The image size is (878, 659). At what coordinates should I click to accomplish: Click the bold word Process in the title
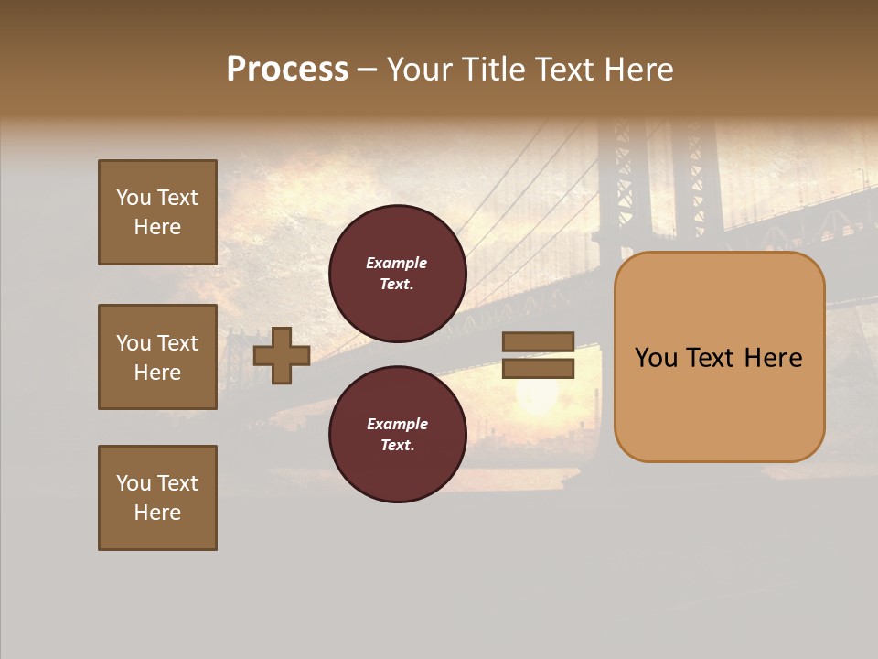tap(287, 70)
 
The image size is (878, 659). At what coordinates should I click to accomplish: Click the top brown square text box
tap(157, 212)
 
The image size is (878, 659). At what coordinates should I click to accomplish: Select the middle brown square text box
tap(157, 357)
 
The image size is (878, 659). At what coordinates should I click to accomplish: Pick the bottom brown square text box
tap(157, 498)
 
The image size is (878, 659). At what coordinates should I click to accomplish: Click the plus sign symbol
tap(282, 355)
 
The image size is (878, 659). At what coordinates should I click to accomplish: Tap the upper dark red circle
tap(397, 274)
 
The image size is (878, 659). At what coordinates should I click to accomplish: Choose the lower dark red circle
tap(397, 435)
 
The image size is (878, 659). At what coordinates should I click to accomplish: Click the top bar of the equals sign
tap(538, 342)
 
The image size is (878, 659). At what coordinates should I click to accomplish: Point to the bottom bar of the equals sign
tap(538, 369)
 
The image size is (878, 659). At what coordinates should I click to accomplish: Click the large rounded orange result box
tap(719, 357)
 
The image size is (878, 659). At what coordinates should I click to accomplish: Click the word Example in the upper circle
tap(396, 264)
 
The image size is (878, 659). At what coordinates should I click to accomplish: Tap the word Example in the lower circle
tap(397, 425)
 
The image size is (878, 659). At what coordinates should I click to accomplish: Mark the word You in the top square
tap(134, 198)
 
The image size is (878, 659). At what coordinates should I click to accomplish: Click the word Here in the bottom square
tap(157, 513)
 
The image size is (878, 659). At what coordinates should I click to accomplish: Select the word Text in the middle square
tap(177, 343)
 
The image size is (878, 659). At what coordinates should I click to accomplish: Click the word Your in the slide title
tap(419, 70)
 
